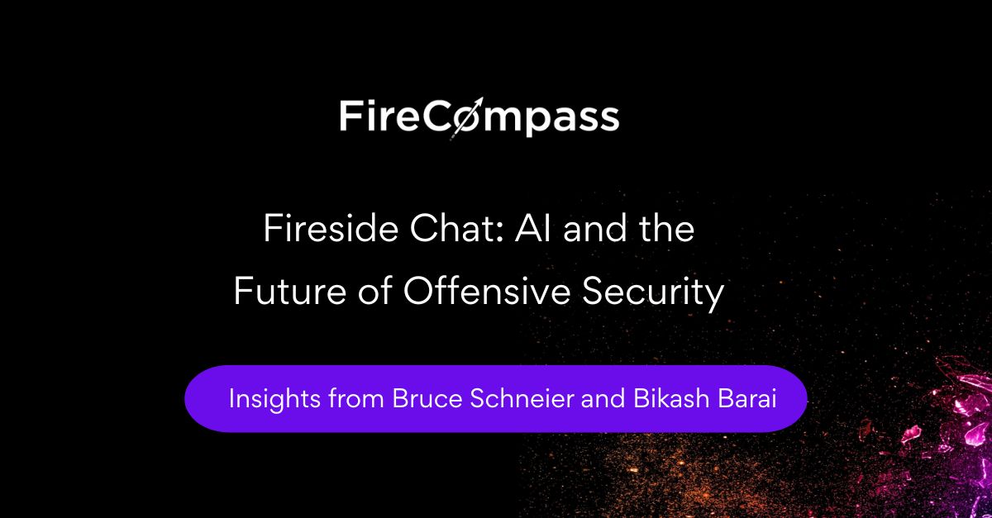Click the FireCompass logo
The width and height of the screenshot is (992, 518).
(x=479, y=117)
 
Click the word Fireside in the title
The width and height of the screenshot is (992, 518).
(x=331, y=229)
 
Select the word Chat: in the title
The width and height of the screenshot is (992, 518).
(x=457, y=229)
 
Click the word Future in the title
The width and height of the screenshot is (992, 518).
(x=290, y=292)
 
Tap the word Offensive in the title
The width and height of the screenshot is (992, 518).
(x=487, y=291)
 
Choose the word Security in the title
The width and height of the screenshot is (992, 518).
(x=653, y=293)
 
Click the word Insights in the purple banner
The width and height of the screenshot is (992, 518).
(x=274, y=399)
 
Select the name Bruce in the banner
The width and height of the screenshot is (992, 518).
(x=427, y=398)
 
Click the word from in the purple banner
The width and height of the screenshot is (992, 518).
(x=356, y=398)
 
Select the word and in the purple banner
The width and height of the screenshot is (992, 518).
(x=603, y=398)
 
